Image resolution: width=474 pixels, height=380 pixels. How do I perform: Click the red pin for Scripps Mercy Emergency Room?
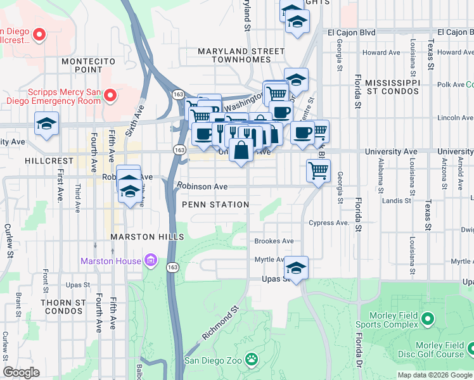110,96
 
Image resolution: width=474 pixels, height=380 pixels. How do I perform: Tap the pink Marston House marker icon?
150,260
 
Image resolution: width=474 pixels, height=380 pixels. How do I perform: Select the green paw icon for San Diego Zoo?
252,360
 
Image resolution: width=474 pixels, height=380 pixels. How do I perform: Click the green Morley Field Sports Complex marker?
428,318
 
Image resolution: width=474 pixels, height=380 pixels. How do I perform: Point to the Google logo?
21,372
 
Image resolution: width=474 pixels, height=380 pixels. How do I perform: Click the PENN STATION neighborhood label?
215,205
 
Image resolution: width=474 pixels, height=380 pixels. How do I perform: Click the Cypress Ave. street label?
329,223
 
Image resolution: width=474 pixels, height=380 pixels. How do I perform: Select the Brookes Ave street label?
274,241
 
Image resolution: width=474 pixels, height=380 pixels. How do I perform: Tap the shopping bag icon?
241,151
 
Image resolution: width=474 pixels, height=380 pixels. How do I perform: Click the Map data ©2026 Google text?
434,375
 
